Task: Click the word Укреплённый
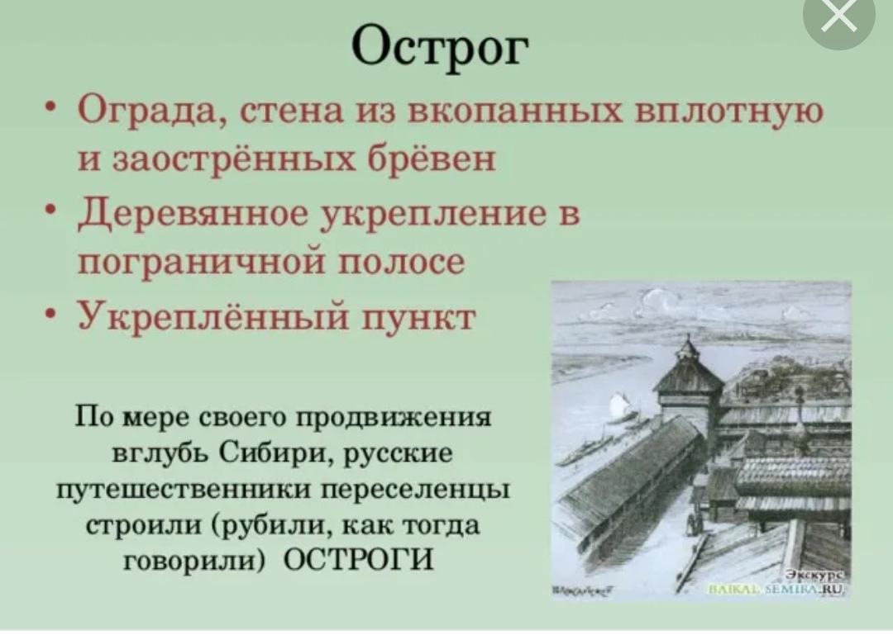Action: [213, 316]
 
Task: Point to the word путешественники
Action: [184, 490]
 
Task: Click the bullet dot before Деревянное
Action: [51, 211]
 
